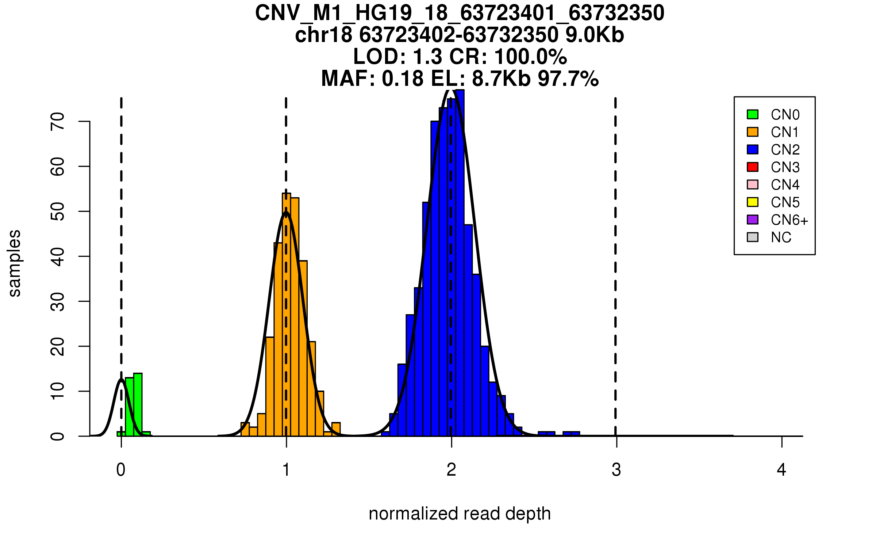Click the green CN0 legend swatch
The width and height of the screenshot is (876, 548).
tap(753, 114)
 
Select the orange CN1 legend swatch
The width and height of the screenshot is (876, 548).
tap(753, 132)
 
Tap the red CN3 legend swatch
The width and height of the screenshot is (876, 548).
tap(753, 167)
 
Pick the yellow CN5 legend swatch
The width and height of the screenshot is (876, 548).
tap(753, 202)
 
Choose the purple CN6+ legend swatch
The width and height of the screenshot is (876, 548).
tap(753, 220)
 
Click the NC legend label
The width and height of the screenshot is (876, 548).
tap(781, 237)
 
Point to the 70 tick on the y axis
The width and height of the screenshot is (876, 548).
tap(84, 121)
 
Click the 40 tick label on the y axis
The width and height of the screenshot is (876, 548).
tap(58, 256)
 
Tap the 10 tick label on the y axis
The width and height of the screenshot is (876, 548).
tap(58, 391)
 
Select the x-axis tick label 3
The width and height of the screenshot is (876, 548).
tap(616, 470)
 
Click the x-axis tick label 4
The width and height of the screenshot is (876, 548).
tap(781, 470)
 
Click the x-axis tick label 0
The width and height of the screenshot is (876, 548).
tap(121, 470)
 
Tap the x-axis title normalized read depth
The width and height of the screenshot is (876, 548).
tap(460, 514)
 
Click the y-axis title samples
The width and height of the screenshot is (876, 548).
tap(15, 263)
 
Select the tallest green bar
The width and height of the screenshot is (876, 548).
tap(138, 405)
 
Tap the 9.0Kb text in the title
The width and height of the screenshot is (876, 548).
tap(595, 35)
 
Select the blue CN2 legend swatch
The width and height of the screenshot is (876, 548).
tap(753, 149)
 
